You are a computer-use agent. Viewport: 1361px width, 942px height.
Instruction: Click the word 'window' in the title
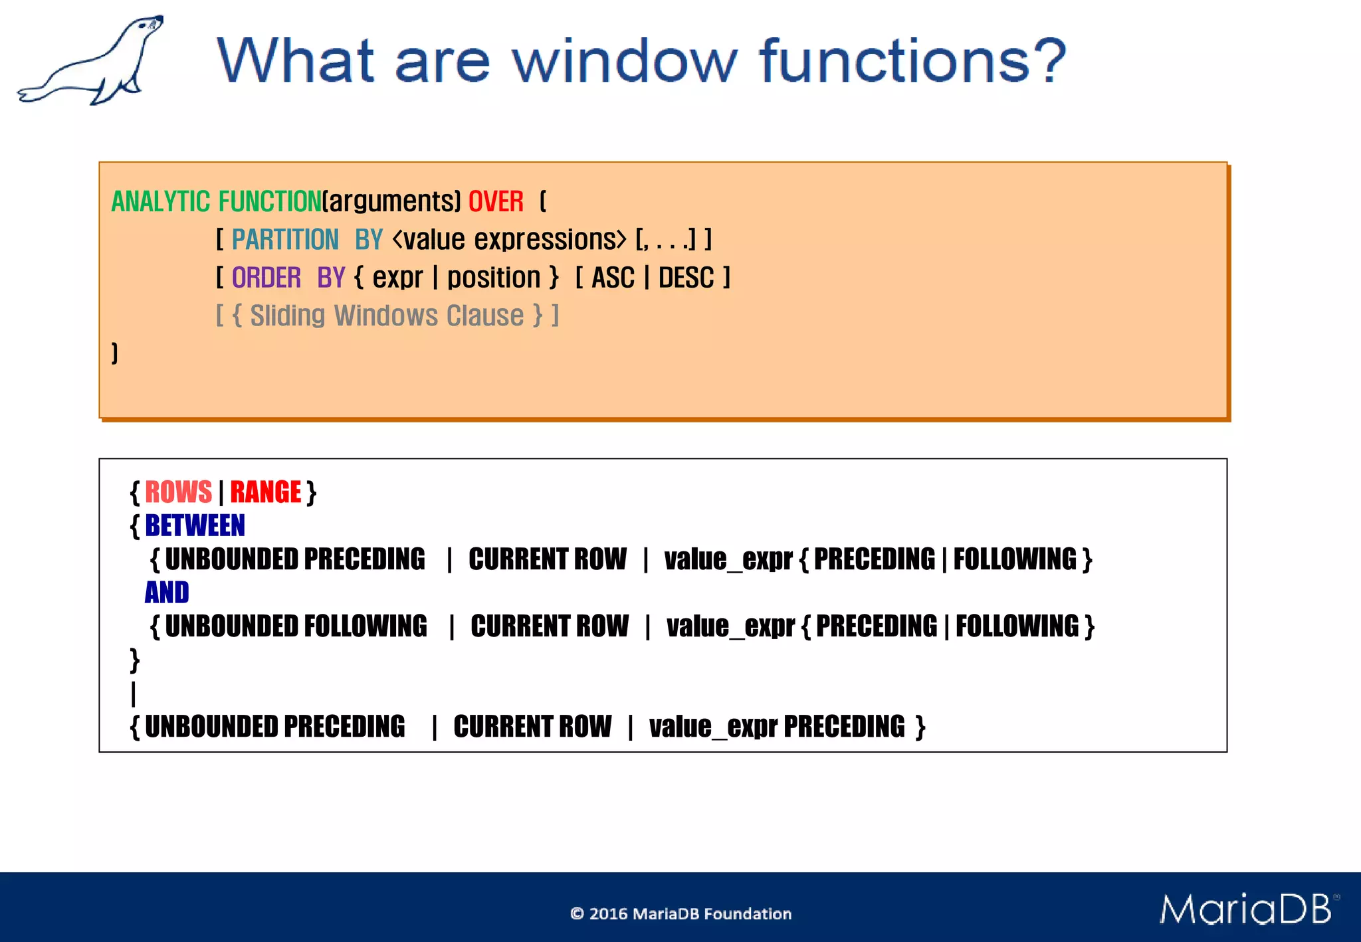pos(624,61)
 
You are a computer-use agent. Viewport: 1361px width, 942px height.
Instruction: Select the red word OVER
pos(496,201)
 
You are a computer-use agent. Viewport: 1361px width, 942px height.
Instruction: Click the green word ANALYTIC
pos(160,201)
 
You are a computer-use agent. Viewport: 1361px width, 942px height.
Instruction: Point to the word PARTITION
pos(285,240)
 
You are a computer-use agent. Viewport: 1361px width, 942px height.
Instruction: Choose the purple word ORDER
pos(266,278)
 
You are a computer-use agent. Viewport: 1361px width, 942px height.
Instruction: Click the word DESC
pos(686,278)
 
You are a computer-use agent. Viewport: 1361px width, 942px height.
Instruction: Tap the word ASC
pos(613,278)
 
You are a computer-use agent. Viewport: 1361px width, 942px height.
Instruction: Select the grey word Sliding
pos(287,316)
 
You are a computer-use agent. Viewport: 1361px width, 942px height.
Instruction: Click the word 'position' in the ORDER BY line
pos(494,278)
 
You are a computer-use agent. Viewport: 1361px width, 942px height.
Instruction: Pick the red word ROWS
pos(178,492)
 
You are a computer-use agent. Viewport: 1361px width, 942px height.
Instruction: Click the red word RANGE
pos(266,492)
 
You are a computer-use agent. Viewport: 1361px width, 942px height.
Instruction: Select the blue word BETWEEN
pos(195,525)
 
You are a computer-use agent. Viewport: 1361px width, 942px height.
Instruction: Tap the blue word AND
pos(167,592)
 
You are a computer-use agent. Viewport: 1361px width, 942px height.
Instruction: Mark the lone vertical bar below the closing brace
pos(134,694)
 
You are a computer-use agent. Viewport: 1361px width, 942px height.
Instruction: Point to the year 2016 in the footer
pos(608,914)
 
